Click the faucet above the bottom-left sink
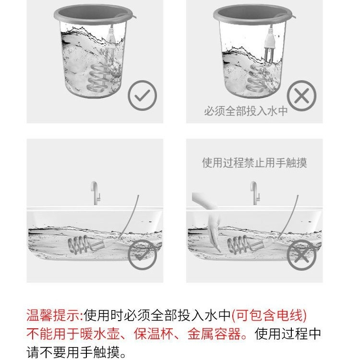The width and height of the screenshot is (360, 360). tap(95, 193)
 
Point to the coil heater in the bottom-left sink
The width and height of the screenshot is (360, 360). tap(85, 245)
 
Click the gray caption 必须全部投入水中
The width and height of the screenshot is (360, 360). tap(246, 111)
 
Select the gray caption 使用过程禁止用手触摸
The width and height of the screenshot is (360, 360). tap(254, 163)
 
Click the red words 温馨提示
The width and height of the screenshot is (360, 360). tap(53, 315)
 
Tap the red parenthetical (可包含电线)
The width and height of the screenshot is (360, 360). tap(269, 315)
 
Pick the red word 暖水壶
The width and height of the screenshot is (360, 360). tap(100, 334)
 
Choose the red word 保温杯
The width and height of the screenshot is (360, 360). tap(154, 334)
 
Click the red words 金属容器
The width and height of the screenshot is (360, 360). tap(214, 334)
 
